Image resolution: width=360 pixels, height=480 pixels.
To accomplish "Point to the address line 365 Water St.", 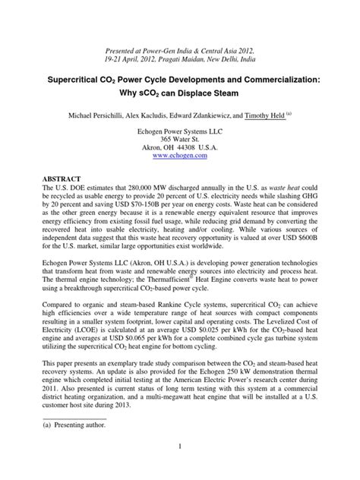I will tap(180, 133).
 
